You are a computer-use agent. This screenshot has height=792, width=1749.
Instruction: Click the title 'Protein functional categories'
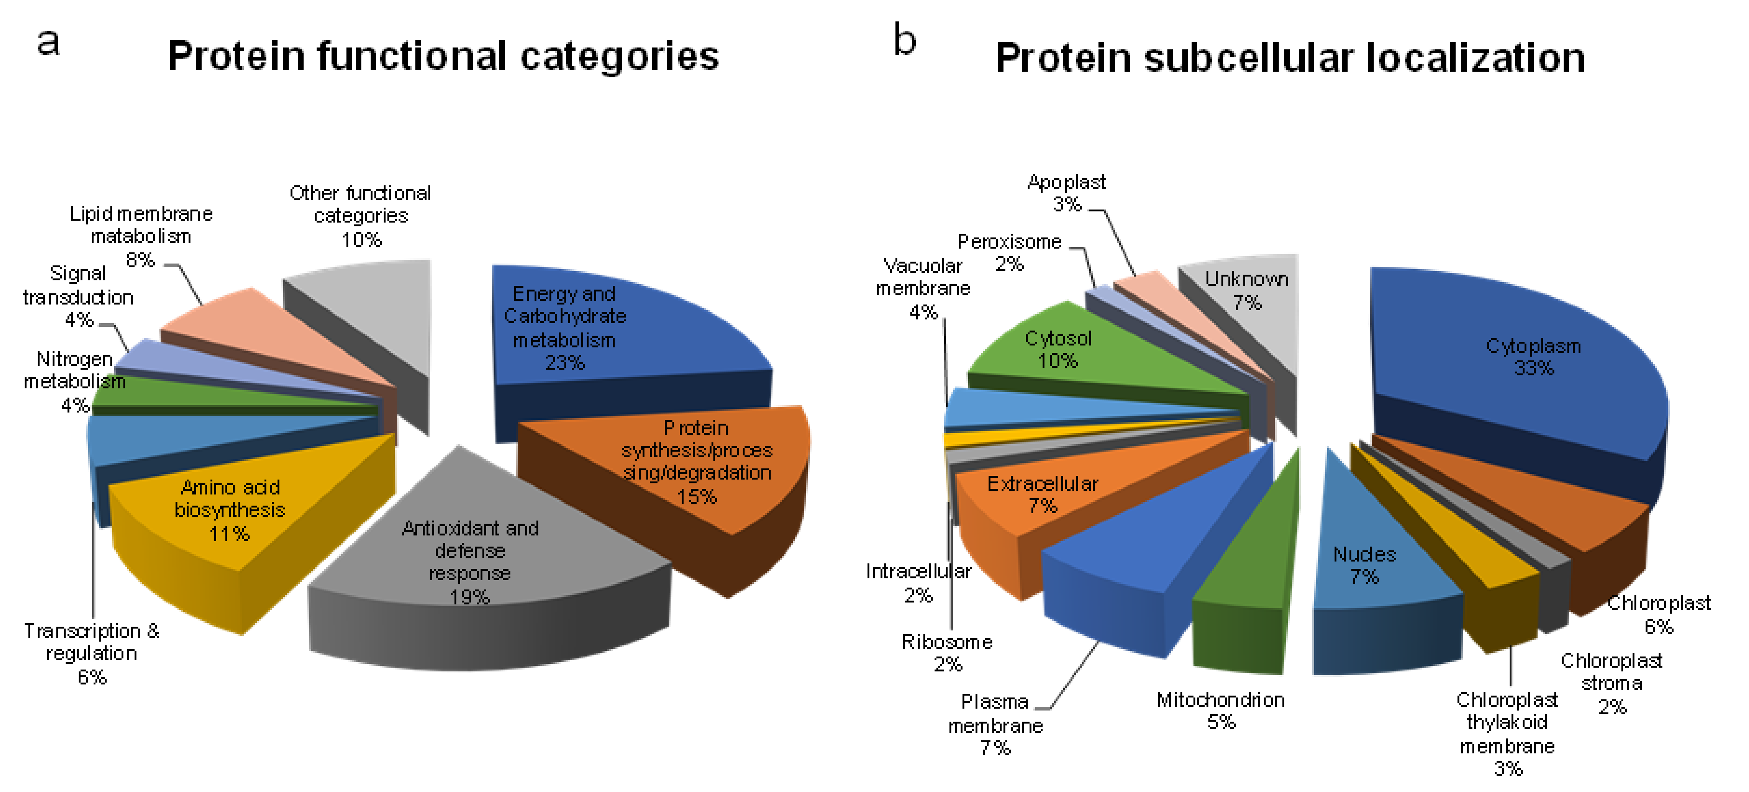tap(443, 56)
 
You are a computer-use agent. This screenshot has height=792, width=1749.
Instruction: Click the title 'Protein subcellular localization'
tap(1290, 58)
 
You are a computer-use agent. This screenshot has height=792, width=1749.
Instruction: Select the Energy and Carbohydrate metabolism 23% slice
tap(611, 326)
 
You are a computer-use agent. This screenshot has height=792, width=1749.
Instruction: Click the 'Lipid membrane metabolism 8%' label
tap(141, 236)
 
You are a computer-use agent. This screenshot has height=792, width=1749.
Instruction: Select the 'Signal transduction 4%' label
tap(78, 297)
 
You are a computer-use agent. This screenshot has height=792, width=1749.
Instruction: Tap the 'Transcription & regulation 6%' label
tap(92, 653)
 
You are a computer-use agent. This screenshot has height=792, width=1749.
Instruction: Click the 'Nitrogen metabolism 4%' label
tap(75, 381)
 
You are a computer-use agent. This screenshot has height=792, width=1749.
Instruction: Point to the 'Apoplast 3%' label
tap(1067, 193)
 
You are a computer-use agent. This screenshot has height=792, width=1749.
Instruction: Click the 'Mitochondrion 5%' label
tap(1221, 711)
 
